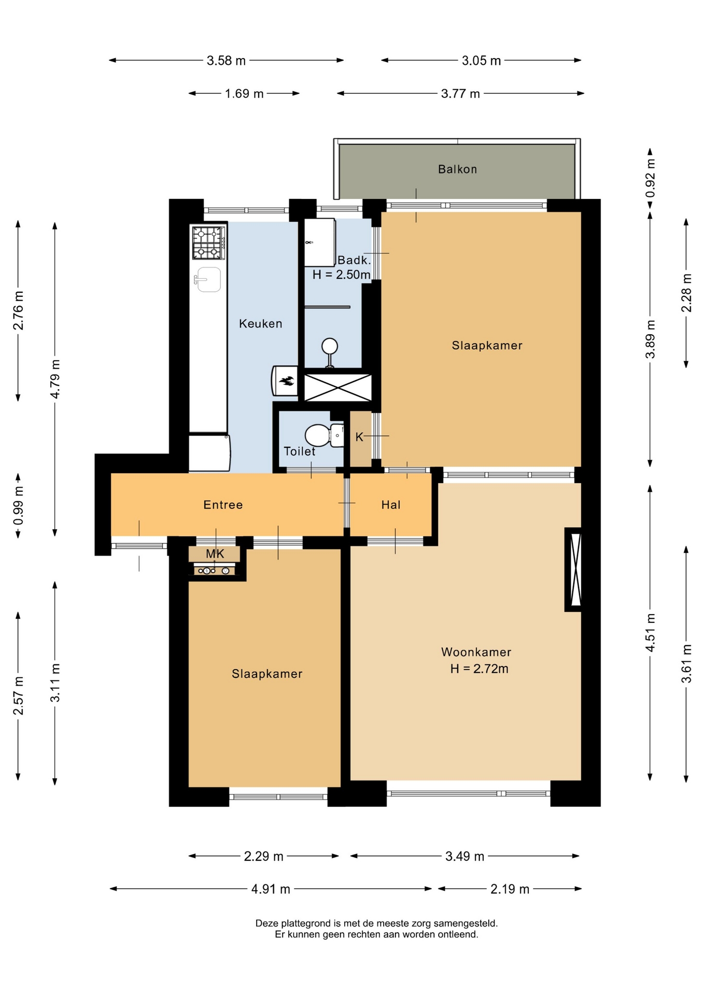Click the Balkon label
point(457,169)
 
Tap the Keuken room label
point(261,323)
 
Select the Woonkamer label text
point(476,652)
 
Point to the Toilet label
point(300,451)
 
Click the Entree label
point(223,505)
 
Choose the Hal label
point(391,505)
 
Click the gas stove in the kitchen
point(209,243)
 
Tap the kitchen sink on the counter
point(208,280)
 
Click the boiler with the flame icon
point(285,381)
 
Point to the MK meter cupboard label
point(215,554)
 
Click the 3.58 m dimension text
point(226,61)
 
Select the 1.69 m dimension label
point(244,94)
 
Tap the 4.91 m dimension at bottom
point(271,889)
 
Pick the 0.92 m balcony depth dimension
point(650,178)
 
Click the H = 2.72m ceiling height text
point(479,669)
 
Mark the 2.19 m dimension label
point(510,889)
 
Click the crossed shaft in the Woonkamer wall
point(573,570)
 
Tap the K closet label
point(359,437)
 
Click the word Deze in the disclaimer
point(267,923)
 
